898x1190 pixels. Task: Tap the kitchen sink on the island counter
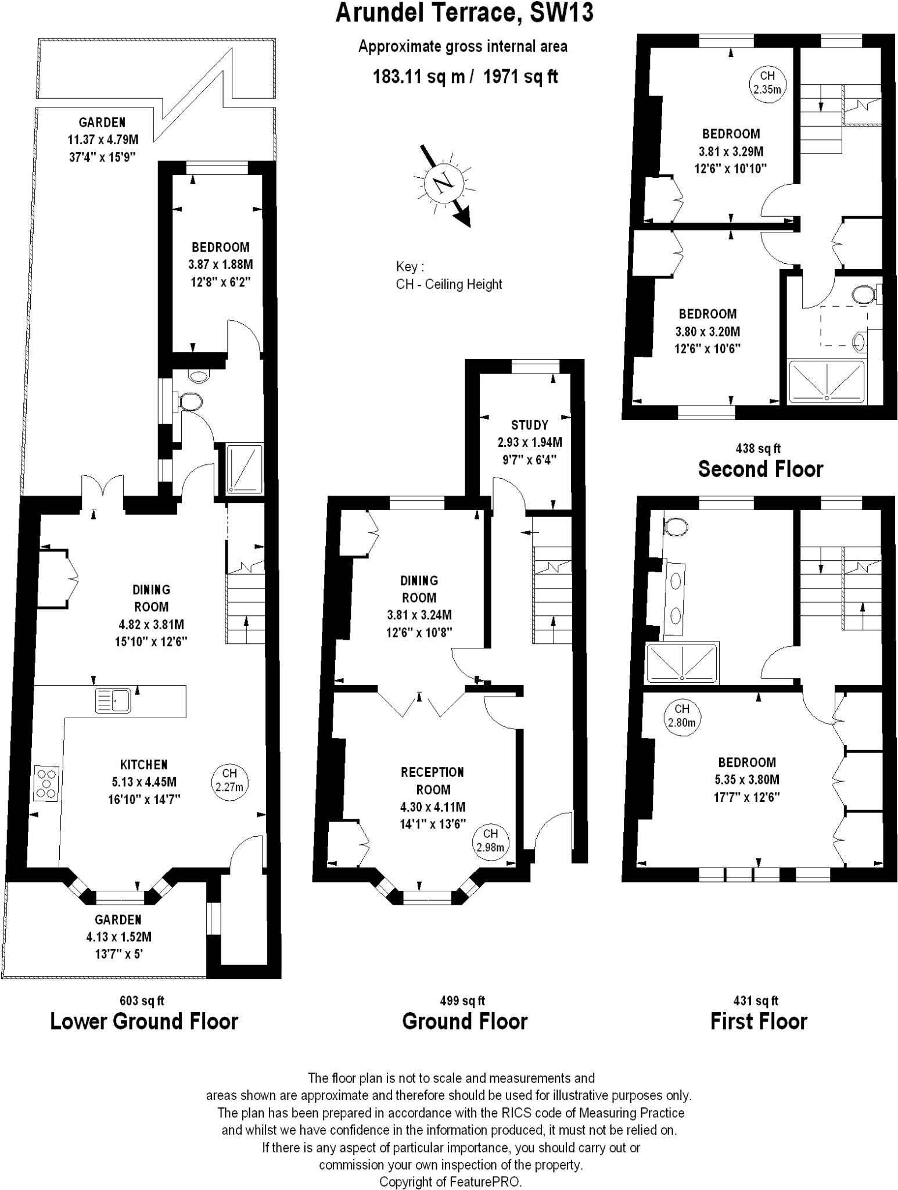pos(114,700)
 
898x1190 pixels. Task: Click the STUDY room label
pos(529,425)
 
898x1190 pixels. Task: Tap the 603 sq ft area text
pos(142,1000)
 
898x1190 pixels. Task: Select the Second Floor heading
pos(760,469)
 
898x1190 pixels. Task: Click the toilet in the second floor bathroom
pos(866,295)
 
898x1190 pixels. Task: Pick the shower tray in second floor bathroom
pos(825,381)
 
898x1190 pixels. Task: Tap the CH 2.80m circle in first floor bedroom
pos(682,715)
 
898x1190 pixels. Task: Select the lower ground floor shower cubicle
pos(244,468)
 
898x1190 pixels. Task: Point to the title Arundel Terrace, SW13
pos(464,13)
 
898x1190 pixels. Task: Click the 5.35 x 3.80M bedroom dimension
pos(746,780)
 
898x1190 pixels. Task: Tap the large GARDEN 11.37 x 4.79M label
pos(102,139)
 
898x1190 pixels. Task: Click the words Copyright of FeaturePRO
pos(450,1181)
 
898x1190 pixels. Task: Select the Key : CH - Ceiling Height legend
pos(448,275)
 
